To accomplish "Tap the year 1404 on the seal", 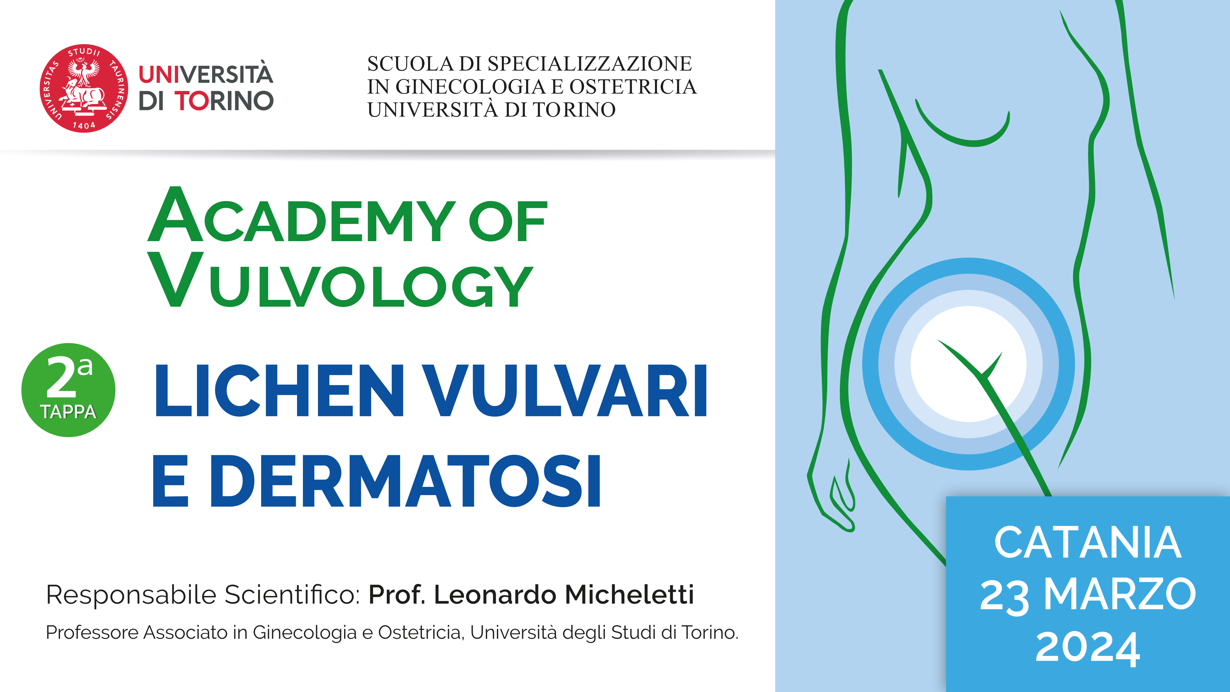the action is point(84,125).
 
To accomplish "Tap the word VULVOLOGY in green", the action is point(340,280).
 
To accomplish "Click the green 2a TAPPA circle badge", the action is point(68,390).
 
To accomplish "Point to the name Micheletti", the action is point(629,595).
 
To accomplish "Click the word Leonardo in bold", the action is point(495,595).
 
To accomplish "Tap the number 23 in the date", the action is point(1004,596).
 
